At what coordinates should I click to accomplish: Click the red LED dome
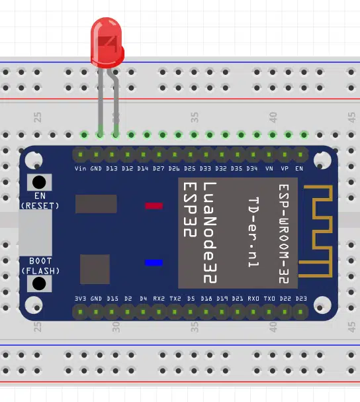click(107, 42)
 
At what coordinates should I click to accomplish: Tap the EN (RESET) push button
click(39, 182)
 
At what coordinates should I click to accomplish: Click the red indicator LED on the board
click(154, 205)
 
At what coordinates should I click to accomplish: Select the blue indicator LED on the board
click(154, 262)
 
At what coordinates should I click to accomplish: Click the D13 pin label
click(112, 168)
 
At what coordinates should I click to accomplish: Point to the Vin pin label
click(81, 168)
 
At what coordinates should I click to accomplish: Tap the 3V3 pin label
click(81, 299)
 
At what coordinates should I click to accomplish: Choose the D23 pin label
click(301, 299)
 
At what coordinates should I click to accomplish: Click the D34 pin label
click(252, 168)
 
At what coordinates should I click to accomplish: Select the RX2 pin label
click(159, 299)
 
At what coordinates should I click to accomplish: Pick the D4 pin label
click(143, 299)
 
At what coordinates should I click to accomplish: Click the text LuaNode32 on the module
click(210, 233)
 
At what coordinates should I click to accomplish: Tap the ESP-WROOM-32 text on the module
click(284, 234)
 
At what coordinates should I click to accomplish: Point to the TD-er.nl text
click(253, 232)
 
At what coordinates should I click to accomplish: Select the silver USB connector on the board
click(35, 232)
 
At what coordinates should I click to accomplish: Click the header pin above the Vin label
click(81, 154)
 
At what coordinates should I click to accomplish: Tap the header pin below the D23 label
click(300, 312)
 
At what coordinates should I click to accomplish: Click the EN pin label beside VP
click(299, 168)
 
